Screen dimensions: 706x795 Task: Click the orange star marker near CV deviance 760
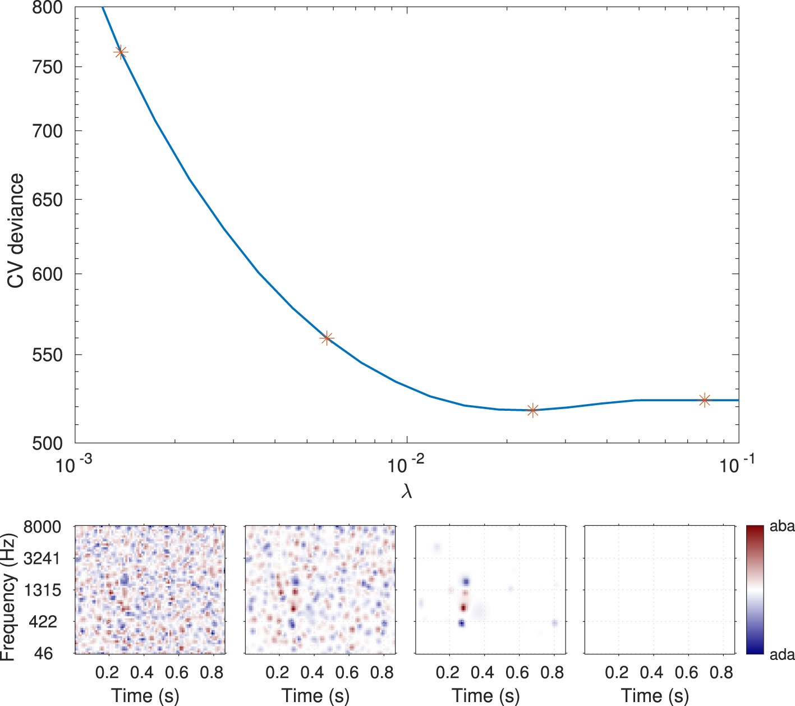point(121,52)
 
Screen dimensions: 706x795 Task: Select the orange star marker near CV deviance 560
point(327,338)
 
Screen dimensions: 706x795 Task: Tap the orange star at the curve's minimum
point(533,410)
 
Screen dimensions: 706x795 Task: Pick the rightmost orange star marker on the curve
point(705,400)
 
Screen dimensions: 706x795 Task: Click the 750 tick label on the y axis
point(44,67)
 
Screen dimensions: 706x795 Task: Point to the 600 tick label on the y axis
point(44,274)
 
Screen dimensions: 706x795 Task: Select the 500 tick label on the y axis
point(44,443)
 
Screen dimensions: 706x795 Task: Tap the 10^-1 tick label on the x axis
point(737,464)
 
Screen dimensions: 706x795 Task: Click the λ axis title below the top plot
point(407,492)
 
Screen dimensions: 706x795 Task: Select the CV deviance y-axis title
point(16,230)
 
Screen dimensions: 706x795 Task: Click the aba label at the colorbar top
point(782,526)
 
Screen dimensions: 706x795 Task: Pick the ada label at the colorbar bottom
point(782,654)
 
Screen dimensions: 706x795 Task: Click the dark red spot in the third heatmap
point(463,607)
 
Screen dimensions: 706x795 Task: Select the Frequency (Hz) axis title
point(8,596)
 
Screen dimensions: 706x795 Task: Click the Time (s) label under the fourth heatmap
point(655,696)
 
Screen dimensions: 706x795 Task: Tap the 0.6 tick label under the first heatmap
point(177,672)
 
